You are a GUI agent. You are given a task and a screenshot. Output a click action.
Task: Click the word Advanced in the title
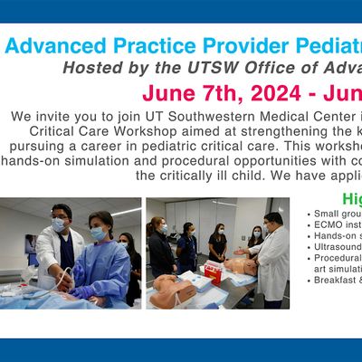57,46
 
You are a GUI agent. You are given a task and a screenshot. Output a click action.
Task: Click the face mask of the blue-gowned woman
97,233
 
